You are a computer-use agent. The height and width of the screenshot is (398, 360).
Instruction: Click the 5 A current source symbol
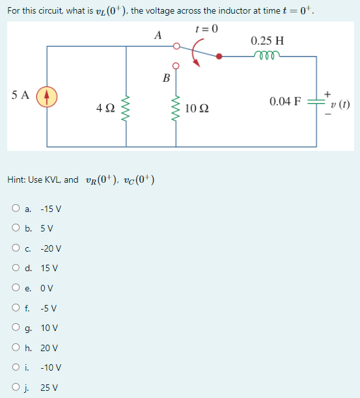pyautogui.click(x=45, y=96)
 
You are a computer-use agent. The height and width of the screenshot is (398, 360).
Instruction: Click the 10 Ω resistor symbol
pyautogui.click(x=174, y=109)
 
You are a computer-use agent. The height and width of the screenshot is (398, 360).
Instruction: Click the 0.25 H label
pyautogui.click(x=266, y=40)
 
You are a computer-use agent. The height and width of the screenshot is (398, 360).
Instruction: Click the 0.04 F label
pyautogui.click(x=284, y=101)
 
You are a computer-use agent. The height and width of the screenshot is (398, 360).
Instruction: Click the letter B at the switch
pyautogui.click(x=166, y=79)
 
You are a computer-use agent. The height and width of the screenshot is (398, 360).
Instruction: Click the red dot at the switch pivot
pyautogui.click(x=219, y=56)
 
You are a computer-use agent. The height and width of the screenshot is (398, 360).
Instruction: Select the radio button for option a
pyautogui.click(x=15, y=209)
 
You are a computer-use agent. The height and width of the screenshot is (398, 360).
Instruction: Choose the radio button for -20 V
pyautogui.click(x=15, y=248)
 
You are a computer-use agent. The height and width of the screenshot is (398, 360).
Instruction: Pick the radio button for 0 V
pyautogui.click(x=15, y=288)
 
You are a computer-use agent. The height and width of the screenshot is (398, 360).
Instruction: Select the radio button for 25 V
pyautogui.click(x=15, y=388)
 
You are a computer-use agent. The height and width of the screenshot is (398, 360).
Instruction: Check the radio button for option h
pyautogui.click(x=15, y=348)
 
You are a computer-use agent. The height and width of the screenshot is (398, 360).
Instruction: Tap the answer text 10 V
pyautogui.click(x=49, y=328)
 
